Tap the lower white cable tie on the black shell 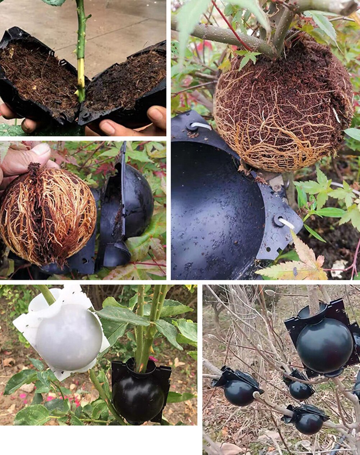click(x=286, y=223)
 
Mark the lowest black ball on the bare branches click(x=309, y=423)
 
